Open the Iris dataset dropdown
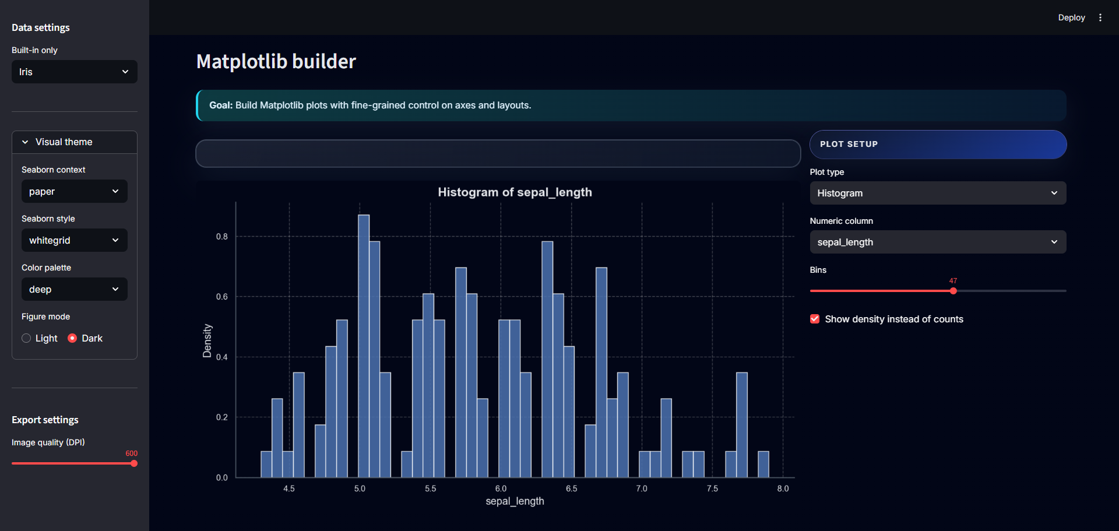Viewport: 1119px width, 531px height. tap(74, 72)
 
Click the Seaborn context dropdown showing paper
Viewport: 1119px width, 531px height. tap(74, 191)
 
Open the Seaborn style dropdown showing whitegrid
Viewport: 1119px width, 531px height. tap(74, 240)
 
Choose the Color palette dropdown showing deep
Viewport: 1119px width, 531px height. tap(74, 289)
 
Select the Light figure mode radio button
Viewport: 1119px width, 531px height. tap(26, 338)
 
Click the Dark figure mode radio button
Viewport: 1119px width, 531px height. tap(72, 338)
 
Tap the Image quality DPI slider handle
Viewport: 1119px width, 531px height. tap(134, 463)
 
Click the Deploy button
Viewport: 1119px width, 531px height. tap(1071, 17)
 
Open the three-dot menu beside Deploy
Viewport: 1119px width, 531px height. tap(1100, 17)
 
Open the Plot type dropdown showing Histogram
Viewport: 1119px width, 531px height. tap(938, 193)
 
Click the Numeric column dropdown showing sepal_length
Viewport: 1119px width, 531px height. tap(938, 242)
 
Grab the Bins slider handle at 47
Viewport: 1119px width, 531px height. tap(953, 291)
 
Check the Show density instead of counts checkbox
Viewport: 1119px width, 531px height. tap(815, 319)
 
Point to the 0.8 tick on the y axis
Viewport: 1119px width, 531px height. tap(222, 237)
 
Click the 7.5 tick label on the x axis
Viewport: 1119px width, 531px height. tap(712, 488)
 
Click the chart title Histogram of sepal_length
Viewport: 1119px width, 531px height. tap(515, 192)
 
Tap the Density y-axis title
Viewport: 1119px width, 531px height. tap(207, 340)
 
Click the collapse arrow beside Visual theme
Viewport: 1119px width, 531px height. tap(25, 142)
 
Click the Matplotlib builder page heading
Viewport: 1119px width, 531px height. tap(276, 61)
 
